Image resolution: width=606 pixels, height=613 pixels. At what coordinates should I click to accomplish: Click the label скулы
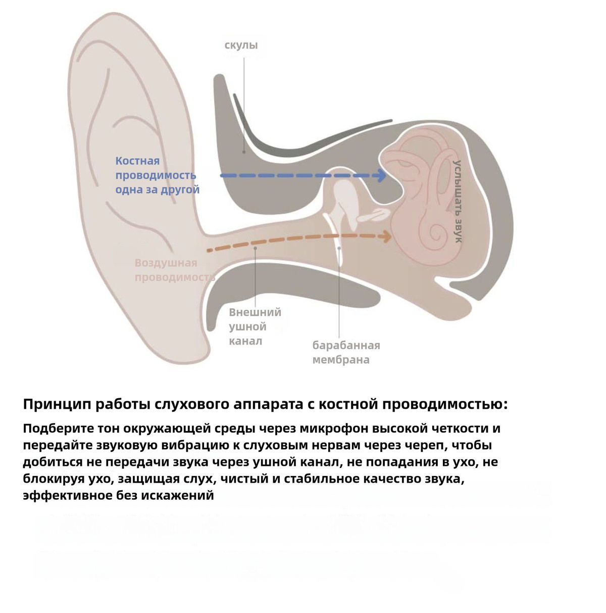pos(241,45)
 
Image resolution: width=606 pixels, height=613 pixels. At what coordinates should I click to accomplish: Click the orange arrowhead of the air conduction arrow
pos(386,236)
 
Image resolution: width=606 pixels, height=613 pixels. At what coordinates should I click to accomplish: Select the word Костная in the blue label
pos(137,161)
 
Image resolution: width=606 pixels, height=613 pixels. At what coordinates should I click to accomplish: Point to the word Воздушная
pos(166,263)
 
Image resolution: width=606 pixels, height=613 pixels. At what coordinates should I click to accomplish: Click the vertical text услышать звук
pos(457,201)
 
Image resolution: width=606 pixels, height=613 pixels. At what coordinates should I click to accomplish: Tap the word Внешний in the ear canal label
pos(255,312)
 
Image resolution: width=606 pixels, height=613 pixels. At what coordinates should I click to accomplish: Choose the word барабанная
pos(346,346)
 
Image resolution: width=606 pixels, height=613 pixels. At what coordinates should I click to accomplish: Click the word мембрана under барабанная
pos(341,360)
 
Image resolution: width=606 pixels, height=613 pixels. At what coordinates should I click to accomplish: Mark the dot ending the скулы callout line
pos(243,151)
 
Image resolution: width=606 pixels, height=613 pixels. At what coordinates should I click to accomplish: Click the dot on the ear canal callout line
pos(256,248)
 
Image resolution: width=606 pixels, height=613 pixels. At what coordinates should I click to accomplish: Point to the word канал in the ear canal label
pos(245,341)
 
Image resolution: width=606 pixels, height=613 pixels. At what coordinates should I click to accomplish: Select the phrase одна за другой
pos(158,190)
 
